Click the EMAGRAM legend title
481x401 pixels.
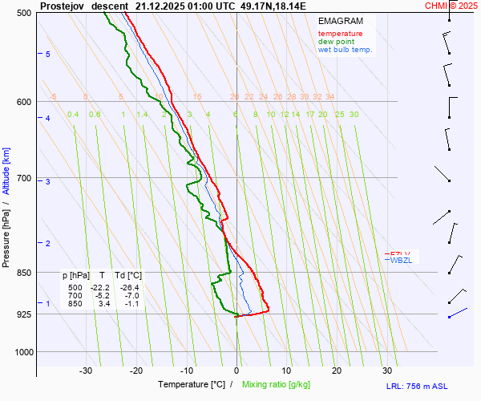[x=340, y=21]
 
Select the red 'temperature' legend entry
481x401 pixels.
[x=340, y=34]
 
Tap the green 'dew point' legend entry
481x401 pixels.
[x=336, y=42]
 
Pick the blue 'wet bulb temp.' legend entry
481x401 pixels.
[x=345, y=50]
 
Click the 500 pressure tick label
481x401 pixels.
[x=23, y=14]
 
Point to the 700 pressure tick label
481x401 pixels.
[x=23, y=178]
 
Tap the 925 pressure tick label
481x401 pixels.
[x=23, y=314]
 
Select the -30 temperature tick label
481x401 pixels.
[x=86, y=371]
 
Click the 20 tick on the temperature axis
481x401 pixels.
[x=337, y=371]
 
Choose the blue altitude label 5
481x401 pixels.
[x=47, y=54]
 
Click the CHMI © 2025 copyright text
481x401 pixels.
[x=451, y=5]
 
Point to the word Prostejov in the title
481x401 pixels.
[x=62, y=5]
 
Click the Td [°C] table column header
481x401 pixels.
[x=126, y=275]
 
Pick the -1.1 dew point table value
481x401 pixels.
[x=131, y=304]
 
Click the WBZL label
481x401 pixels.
[x=400, y=260]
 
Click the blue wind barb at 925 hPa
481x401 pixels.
[x=458, y=312]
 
